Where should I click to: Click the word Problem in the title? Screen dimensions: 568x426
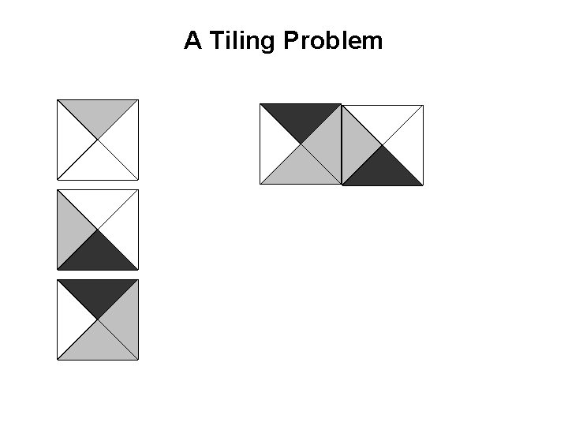[x=332, y=41]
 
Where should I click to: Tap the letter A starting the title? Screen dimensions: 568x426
[x=192, y=41]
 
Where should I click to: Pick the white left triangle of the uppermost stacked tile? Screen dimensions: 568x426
[x=71, y=140]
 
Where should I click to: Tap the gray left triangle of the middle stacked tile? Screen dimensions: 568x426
[x=71, y=230]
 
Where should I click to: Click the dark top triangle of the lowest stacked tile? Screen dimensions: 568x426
[x=98, y=293]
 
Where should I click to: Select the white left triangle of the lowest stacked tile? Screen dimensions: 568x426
[x=71, y=319]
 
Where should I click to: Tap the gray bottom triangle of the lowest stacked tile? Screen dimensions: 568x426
[x=98, y=346]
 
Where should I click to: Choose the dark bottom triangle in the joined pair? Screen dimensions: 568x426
[x=383, y=171]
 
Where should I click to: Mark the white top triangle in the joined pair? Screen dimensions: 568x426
[x=383, y=118]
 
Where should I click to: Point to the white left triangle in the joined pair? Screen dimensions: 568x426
[x=274, y=144]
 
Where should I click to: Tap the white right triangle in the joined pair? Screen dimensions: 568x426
[x=409, y=145]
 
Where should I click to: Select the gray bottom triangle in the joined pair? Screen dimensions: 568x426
[x=301, y=170]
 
